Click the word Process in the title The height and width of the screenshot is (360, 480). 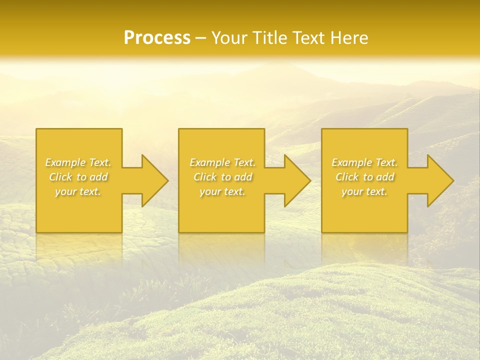coord(157,38)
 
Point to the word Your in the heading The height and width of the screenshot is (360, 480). coord(228,38)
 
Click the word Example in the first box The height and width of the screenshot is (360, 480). coord(65,162)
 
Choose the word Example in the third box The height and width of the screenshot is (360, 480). coord(351,162)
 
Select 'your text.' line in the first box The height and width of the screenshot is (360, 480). coord(78,192)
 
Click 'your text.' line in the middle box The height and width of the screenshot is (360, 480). coord(222,192)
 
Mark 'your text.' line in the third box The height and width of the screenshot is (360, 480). coord(364,192)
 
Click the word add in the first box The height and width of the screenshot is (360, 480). coord(99,177)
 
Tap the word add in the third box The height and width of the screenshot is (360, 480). coord(385,177)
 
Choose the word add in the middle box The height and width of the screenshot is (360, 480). coord(243,177)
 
